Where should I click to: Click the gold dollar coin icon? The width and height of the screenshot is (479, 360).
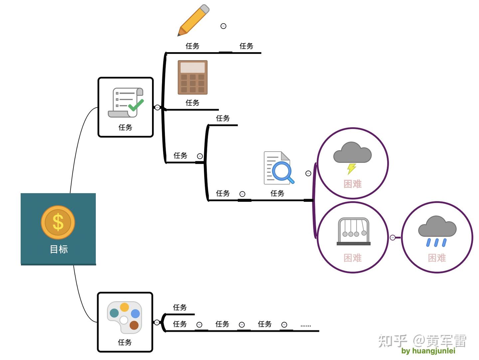58,222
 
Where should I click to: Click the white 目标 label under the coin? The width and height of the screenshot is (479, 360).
59,249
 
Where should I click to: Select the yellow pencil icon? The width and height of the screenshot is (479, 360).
193,20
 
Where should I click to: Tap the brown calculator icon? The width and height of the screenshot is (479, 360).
193,77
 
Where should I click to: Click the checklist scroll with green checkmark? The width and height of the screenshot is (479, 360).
126,102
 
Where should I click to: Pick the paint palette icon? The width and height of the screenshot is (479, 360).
124,318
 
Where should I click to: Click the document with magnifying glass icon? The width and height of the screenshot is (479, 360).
279,168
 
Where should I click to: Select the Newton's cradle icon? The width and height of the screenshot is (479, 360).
354,231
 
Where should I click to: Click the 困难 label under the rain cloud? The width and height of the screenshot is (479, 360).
437,258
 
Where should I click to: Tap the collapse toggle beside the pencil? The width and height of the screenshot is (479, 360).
223,26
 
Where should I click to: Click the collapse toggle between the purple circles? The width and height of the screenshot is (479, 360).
393,237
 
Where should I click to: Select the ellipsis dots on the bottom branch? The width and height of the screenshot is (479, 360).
305,326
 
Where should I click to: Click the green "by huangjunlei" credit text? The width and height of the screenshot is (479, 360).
428,351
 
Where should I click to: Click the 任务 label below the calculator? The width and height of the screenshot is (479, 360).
192,103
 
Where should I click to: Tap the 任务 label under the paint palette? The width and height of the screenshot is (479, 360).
125,342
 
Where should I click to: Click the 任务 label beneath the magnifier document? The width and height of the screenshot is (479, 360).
277,193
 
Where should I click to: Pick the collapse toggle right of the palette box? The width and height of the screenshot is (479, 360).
157,322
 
